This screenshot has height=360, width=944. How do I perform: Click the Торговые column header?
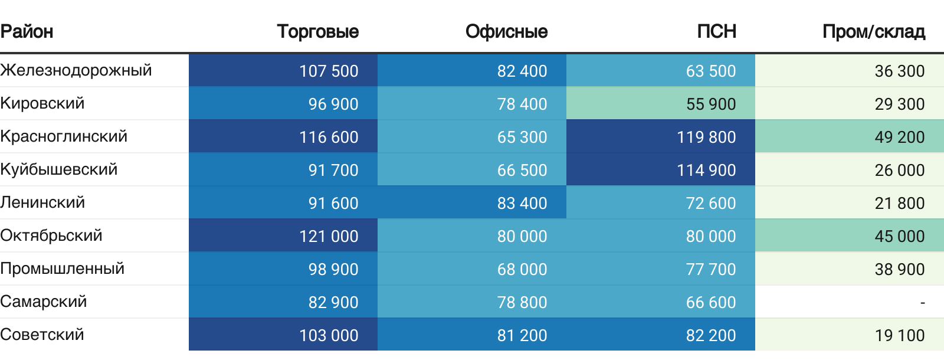click(x=317, y=31)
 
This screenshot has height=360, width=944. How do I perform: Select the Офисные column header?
click(x=506, y=31)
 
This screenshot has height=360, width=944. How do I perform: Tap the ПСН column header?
click(x=716, y=31)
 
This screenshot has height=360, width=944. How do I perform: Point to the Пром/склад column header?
click(x=873, y=31)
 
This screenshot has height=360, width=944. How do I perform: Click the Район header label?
click(x=27, y=31)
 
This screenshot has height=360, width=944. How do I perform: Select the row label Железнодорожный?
click(x=76, y=70)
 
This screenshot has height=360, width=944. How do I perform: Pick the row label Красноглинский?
click(x=64, y=136)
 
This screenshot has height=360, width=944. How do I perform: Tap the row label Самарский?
click(x=44, y=302)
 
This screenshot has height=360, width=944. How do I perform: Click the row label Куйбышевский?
click(x=59, y=169)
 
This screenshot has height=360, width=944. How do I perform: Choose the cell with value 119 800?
click(x=706, y=137)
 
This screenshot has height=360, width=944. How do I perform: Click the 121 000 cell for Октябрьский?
click(x=329, y=236)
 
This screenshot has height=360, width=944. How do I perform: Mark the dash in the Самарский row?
click(x=922, y=302)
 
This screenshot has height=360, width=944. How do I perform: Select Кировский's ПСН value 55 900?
click(x=711, y=104)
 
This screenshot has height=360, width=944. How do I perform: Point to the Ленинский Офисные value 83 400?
click(x=522, y=203)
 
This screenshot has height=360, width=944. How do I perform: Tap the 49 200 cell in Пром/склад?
click(x=900, y=137)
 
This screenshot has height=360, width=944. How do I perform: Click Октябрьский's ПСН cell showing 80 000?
click(x=711, y=236)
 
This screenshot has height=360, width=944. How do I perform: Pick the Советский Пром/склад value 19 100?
click(x=900, y=335)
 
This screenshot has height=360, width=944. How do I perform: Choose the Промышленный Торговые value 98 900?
click(x=333, y=269)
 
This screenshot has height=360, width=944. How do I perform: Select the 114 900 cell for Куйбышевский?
click(x=706, y=170)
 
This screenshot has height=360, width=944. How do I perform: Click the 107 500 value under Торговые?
click(x=329, y=71)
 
